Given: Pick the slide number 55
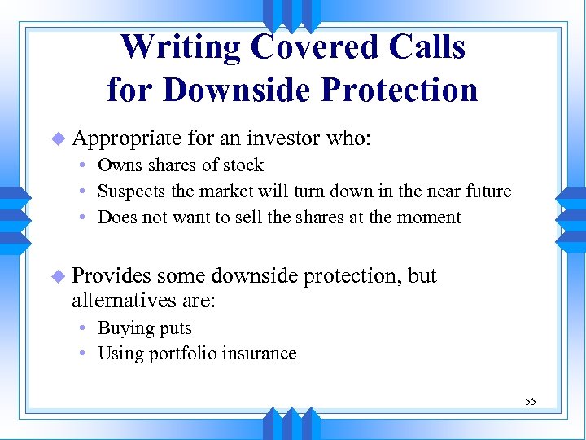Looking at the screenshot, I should pos(531,401).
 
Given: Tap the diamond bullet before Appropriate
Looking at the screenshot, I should pos(58,140).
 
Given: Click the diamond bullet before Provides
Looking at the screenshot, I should pos(58,277).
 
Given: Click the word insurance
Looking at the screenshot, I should pos(263,354).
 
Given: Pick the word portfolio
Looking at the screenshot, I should pos(186,354).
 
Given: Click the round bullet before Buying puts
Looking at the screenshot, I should pos(85,328).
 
